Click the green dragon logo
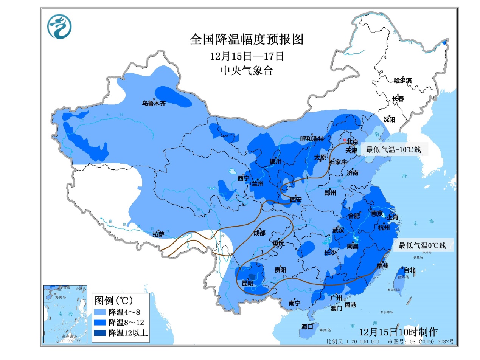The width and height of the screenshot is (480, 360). pos(59,26)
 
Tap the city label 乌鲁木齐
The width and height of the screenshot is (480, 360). pos(154,103)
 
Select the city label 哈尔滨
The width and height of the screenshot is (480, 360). pos(402,80)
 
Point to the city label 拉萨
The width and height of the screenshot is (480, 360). pos(158,234)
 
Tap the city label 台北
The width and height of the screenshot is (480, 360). pos(410,270)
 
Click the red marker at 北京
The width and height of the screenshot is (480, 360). pos(345,140)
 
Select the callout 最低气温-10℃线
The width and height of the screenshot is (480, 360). pos(393,150)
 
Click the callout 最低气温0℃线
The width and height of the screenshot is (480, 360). pos(422,245)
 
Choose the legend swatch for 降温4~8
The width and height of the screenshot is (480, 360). pos(100,312)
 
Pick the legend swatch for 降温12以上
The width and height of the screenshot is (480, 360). pos(100,333)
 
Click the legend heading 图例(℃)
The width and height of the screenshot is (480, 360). pos(113,301)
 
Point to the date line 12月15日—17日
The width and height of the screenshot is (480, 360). pos(247,56)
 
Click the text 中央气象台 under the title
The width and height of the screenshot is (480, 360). pos(247,71)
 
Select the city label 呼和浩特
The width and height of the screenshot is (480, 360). pos(312,138)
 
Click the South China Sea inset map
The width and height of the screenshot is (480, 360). pos(65,314)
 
